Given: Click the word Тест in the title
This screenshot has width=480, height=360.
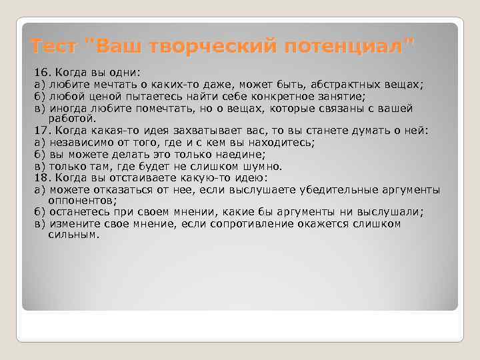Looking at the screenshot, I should click(x=55, y=47).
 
